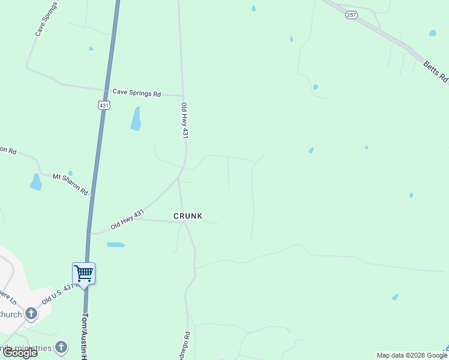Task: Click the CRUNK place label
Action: [188, 215]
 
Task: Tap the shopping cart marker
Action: [83, 274]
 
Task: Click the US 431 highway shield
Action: [103, 105]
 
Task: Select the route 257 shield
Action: [351, 14]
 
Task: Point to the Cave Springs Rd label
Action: [137, 93]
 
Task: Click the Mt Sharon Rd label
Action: [71, 184]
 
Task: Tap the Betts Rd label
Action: [436, 71]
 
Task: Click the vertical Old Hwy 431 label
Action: [185, 121]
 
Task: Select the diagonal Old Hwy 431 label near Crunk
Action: [128, 220]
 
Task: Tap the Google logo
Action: [20, 353]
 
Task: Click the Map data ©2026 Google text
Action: [412, 355]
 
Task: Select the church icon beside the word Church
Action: [31, 313]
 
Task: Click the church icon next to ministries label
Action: [61, 347]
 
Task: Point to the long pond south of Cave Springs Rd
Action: [136, 118]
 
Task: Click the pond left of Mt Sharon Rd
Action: [36, 181]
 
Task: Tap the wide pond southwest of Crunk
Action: [116, 245]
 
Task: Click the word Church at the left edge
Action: [10, 314]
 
